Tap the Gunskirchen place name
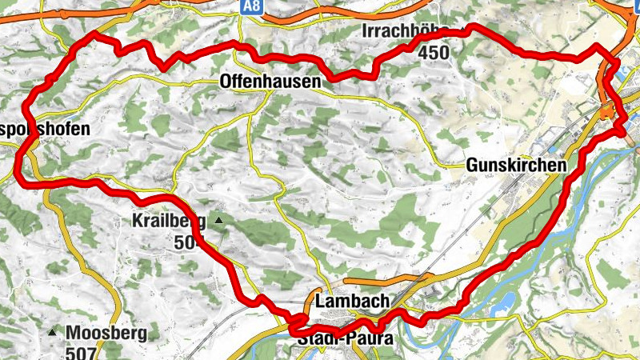point(515,165)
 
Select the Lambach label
point(352,302)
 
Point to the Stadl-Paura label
point(345,340)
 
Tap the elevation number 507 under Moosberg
point(82,352)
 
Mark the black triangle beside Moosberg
point(53,332)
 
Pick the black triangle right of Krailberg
point(218,220)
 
